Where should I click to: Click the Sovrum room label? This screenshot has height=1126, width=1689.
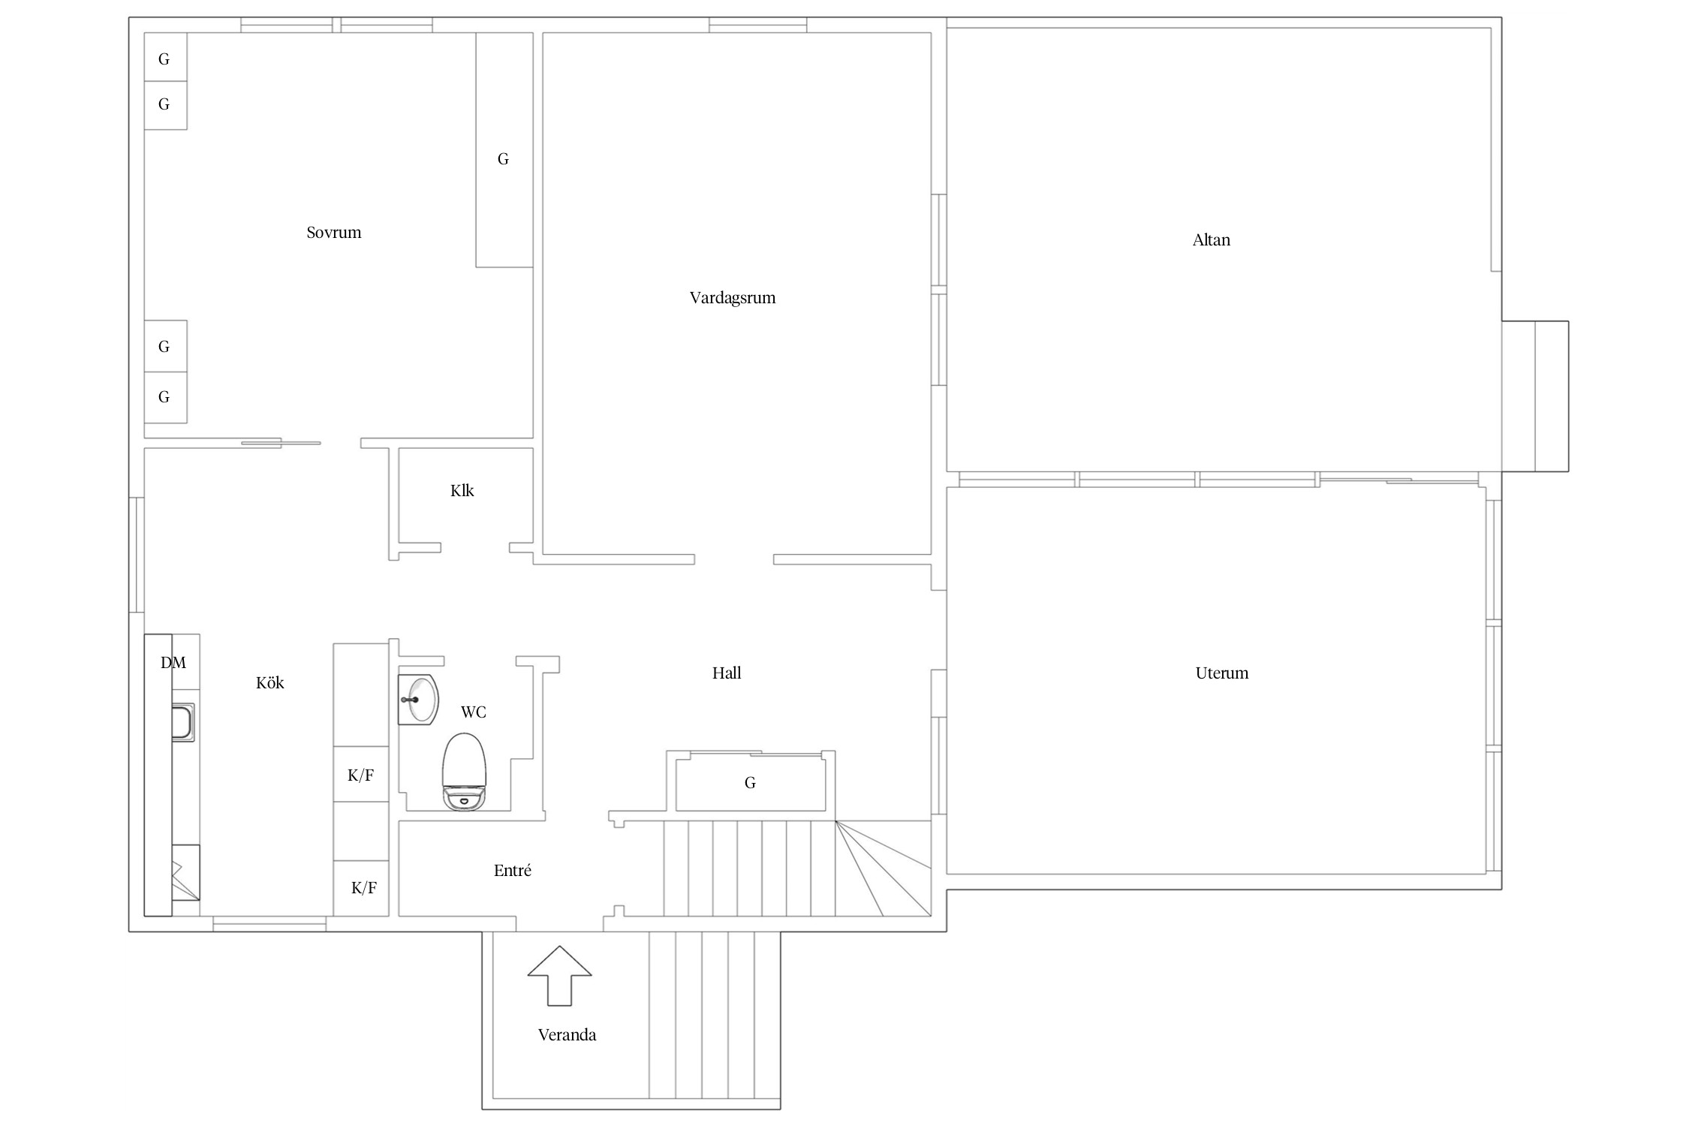(x=334, y=233)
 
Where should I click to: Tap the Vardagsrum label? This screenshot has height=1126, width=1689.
(x=733, y=298)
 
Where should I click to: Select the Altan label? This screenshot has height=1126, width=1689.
(x=1212, y=240)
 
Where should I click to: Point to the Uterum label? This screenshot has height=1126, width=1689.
(x=1222, y=673)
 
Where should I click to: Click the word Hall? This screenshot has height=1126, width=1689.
(x=727, y=673)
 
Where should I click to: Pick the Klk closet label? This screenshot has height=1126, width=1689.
(x=462, y=491)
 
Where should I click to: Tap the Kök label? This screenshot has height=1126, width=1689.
(x=270, y=683)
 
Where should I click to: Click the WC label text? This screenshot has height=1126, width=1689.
(x=474, y=712)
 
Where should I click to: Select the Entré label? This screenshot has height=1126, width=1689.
(x=513, y=871)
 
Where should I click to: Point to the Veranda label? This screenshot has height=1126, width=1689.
(x=568, y=1035)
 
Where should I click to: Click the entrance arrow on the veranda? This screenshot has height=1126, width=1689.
(x=560, y=975)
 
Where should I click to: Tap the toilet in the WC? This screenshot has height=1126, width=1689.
(x=465, y=772)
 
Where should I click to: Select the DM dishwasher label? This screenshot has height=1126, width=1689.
(x=173, y=663)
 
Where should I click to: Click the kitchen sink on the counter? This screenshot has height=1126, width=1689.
(x=183, y=722)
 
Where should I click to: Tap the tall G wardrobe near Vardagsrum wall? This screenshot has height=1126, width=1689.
(x=504, y=150)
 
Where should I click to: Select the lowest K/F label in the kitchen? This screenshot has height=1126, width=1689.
(x=364, y=889)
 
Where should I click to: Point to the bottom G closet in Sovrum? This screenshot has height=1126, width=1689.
(x=165, y=397)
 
